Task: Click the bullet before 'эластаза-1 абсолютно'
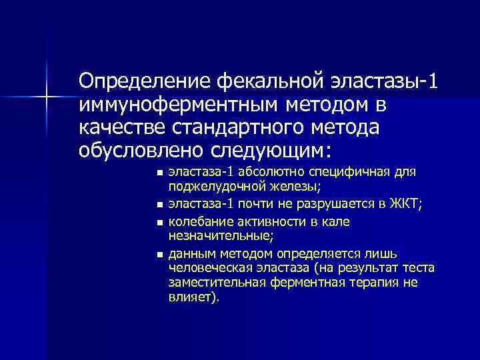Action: tap(159, 173)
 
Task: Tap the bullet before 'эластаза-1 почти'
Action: tap(159, 205)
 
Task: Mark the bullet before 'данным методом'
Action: tap(159, 254)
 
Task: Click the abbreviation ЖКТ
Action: tap(405, 204)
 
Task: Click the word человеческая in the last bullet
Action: tap(212, 269)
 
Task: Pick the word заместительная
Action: tap(217, 283)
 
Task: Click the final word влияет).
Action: tap(193, 297)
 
